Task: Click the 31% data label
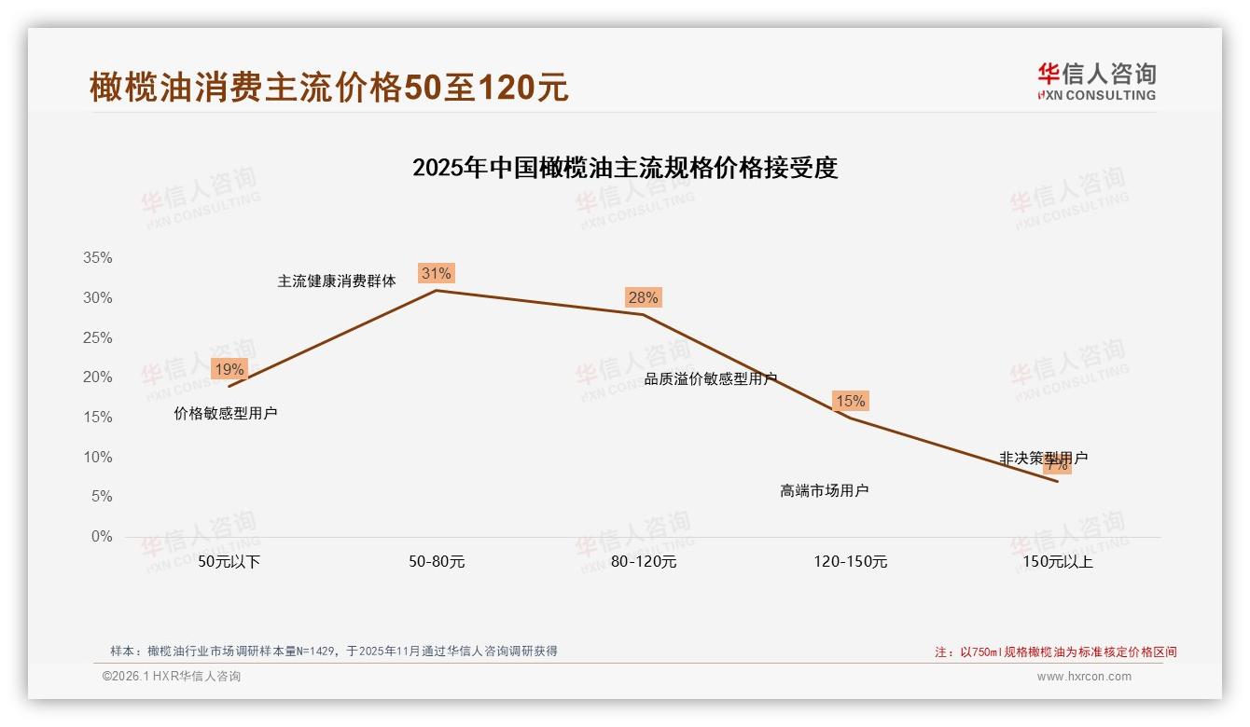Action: point(436,273)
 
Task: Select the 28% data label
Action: point(643,297)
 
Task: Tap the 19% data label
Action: point(229,369)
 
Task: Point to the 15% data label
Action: point(850,401)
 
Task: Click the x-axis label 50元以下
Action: point(229,562)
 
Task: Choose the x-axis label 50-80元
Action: point(437,562)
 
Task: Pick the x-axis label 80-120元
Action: point(644,562)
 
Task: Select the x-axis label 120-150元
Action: point(851,562)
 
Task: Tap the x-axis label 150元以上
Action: point(1058,562)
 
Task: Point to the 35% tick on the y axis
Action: point(97,258)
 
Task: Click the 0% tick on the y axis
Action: point(101,537)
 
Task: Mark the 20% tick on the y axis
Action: point(97,377)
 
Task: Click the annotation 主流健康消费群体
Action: point(337,281)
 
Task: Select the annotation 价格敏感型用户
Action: point(226,413)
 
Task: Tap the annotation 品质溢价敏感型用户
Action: point(711,378)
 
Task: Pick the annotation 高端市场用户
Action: point(825,490)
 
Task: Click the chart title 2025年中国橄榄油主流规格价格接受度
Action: point(625,168)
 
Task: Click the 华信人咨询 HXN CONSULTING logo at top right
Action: point(1096,82)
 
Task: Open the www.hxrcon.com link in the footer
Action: point(1084,677)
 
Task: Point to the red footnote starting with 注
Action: point(1056,652)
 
